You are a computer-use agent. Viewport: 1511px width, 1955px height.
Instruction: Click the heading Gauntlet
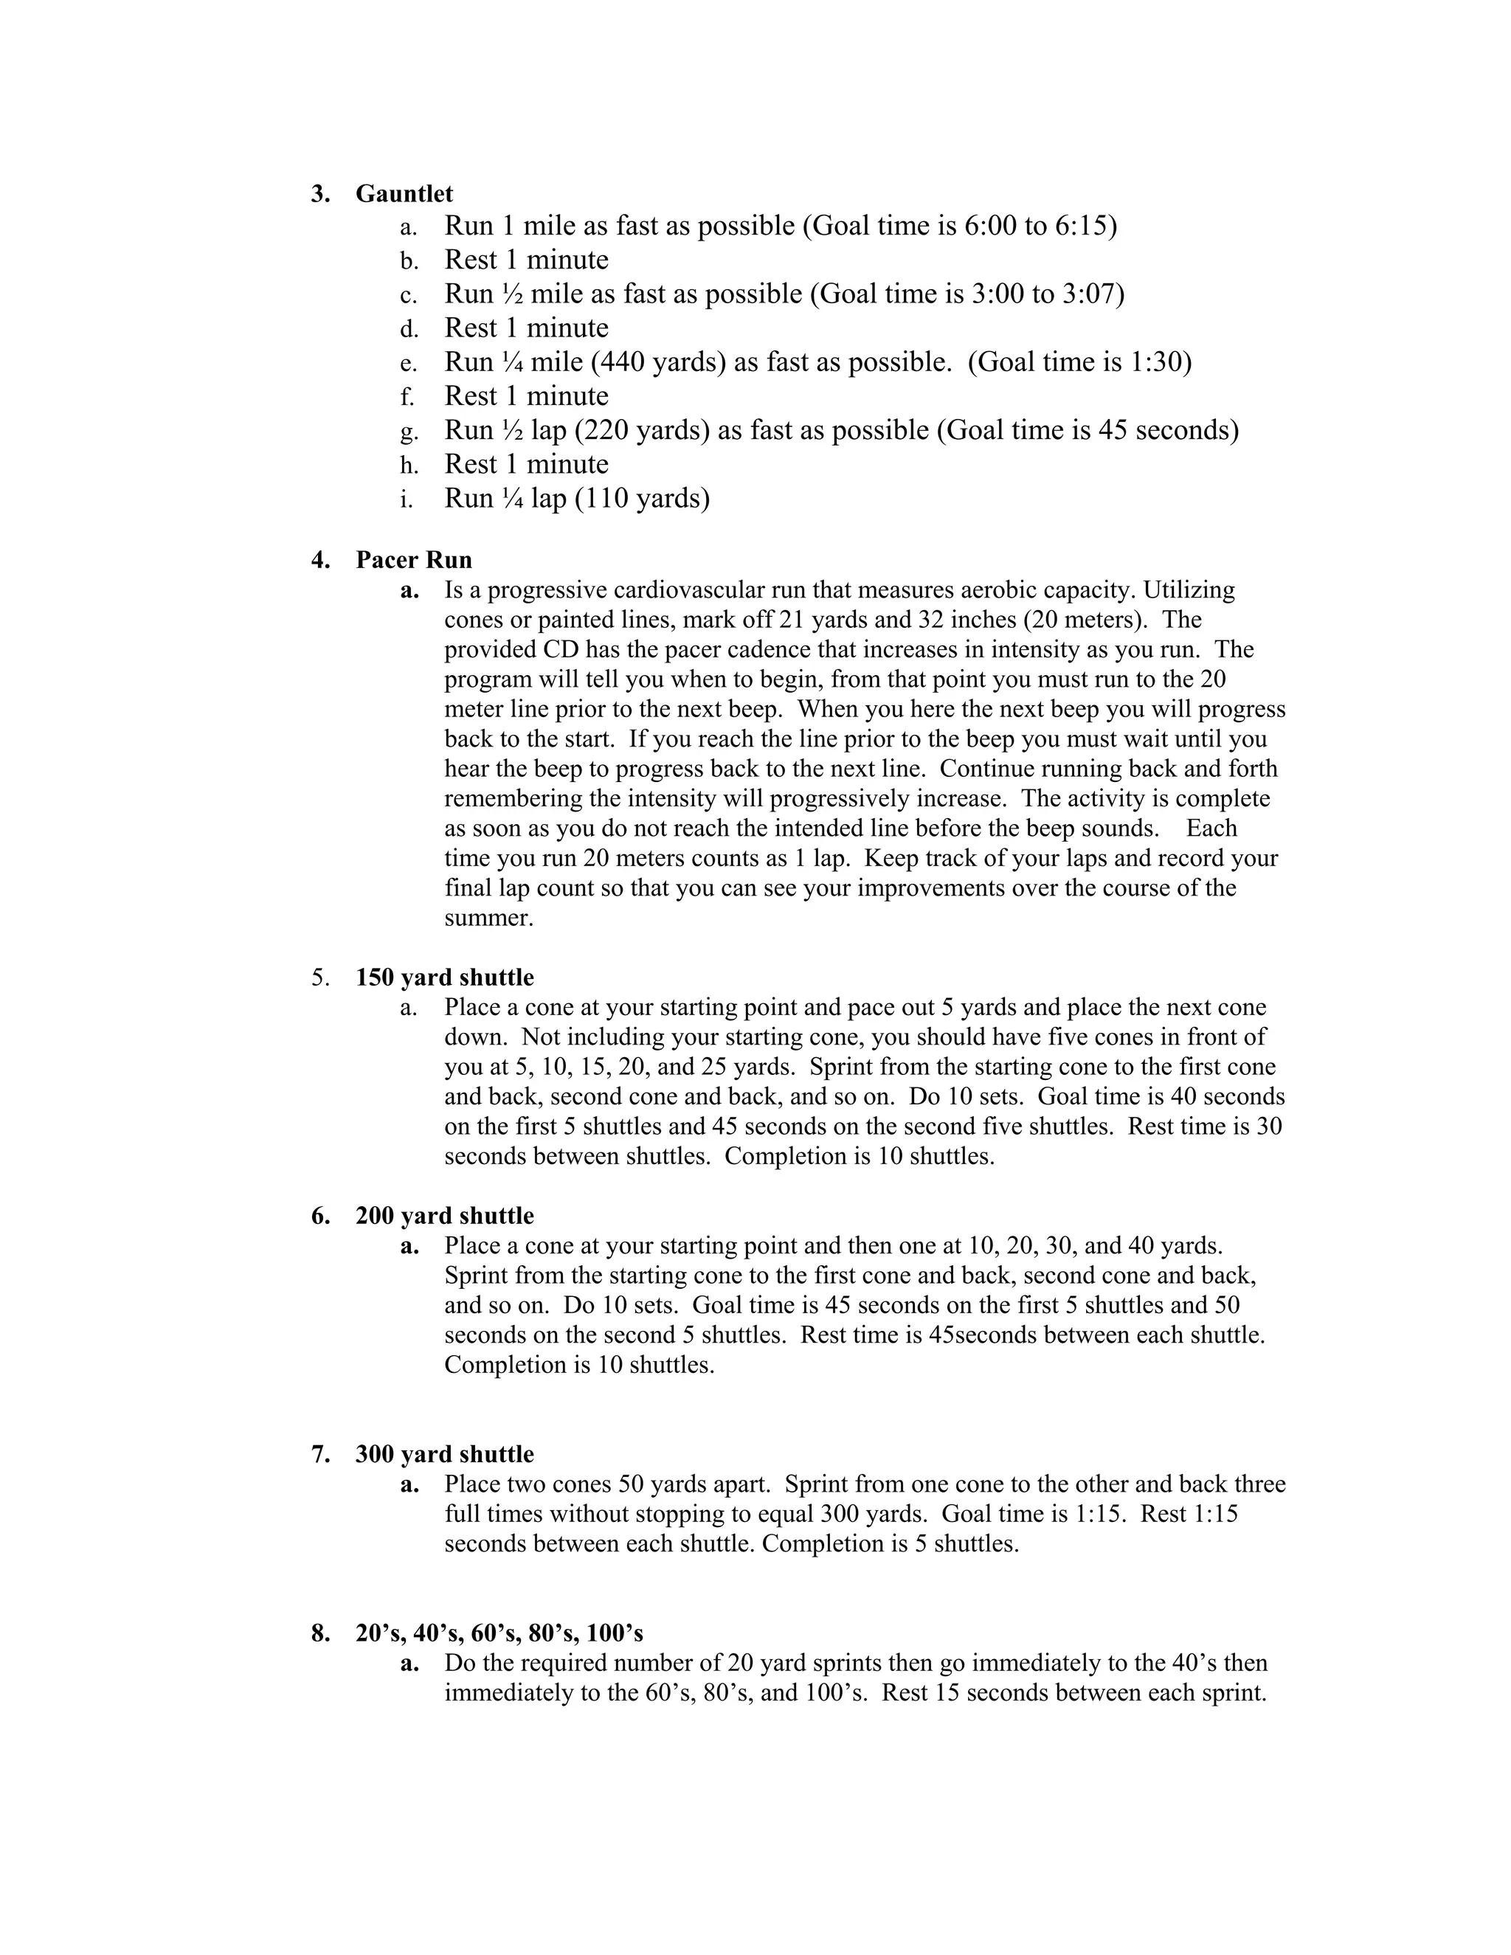point(404,193)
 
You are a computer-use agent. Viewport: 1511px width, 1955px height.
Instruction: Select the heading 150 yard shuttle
point(444,977)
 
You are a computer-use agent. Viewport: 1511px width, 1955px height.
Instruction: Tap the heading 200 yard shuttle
point(444,1216)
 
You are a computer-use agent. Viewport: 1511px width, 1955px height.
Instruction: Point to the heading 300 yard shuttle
point(444,1454)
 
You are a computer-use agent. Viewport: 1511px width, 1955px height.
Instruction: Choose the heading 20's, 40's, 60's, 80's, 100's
point(499,1633)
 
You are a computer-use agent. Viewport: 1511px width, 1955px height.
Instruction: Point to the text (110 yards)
point(642,498)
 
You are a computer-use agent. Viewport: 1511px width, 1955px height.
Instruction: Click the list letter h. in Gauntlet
point(409,465)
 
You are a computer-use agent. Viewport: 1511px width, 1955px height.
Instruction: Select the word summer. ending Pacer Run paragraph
point(488,918)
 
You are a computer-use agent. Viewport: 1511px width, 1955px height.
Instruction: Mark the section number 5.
point(320,977)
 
